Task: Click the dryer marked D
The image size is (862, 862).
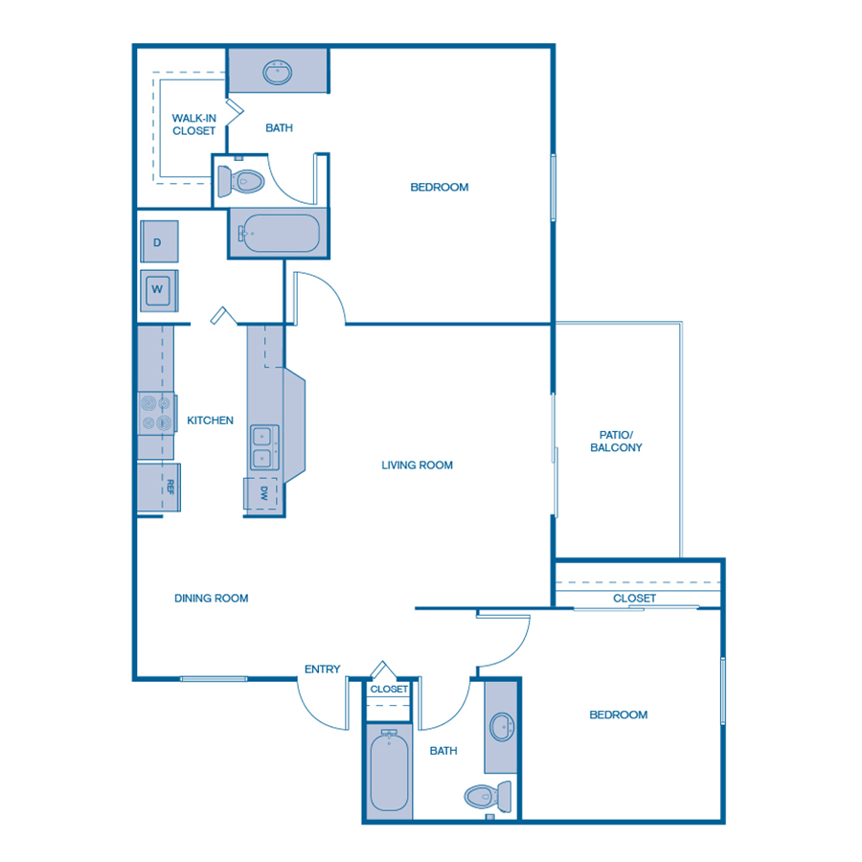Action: click(x=158, y=241)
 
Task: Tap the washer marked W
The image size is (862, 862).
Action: click(x=158, y=289)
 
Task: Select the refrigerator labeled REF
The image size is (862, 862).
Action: click(x=159, y=487)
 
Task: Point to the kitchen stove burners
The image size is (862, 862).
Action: click(x=156, y=413)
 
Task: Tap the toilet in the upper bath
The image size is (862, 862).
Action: click(x=239, y=180)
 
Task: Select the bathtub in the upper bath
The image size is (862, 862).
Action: click(x=279, y=233)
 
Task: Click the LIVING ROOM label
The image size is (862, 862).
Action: click(x=417, y=465)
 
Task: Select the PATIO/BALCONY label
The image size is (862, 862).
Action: click(x=616, y=441)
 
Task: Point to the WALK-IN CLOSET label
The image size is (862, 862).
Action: click(x=193, y=124)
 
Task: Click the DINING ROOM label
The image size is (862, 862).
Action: click(x=211, y=599)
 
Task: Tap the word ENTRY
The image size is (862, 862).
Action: click(x=322, y=669)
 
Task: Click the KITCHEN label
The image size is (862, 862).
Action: click(x=210, y=420)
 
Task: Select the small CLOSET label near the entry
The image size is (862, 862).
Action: click(x=389, y=690)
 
